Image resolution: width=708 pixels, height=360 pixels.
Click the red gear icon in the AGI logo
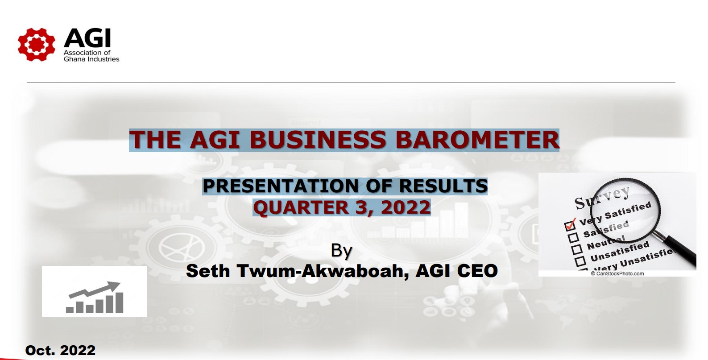click(x=36, y=45)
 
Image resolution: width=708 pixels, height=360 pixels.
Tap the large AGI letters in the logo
click(x=87, y=38)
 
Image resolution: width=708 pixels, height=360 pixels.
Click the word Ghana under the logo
click(x=73, y=59)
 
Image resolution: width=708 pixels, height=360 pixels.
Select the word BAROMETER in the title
click(x=477, y=140)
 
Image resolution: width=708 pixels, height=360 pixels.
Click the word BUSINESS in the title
click(x=318, y=140)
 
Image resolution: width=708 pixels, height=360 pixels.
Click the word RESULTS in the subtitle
click(x=443, y=186)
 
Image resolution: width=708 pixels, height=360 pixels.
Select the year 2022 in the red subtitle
click(x=406, y=207)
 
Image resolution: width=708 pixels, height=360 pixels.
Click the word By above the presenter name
click(x=341, y=251)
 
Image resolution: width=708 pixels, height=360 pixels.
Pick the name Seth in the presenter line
click(x=207, y=271)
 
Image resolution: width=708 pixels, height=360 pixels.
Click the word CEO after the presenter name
click(x=477, y=271)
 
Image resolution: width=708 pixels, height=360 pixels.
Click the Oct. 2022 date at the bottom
click(x=60, y=350)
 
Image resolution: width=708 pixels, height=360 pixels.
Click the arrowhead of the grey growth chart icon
click(x=114, y=286)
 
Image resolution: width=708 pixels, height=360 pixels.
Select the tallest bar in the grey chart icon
click(x=120, y=302)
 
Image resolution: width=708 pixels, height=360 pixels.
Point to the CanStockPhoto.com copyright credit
click(x=617, y=273)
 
